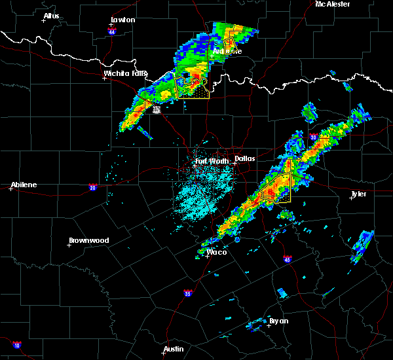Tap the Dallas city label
point(244,158)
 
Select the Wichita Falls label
point(126,73)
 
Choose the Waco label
point(214,252)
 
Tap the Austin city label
point(174,349)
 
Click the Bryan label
point(278,321)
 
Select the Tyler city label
point(359,194)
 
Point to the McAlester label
point(333,4)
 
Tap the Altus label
point(51,16)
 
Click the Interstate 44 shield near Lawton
point(112,31)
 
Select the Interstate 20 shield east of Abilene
point(92,187)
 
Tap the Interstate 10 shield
point(16,345)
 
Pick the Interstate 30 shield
point(313,137)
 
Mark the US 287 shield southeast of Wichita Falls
point(157,111)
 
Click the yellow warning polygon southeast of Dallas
point(277,188)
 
